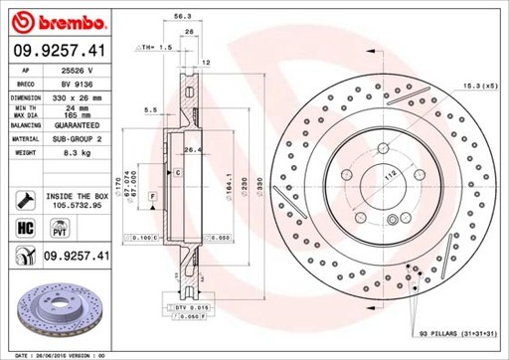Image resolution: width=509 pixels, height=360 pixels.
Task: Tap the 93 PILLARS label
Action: (442, 331)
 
